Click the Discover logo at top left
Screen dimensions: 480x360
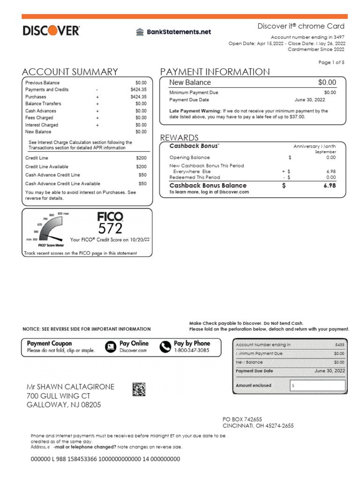51,31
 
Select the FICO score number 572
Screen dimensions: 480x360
110,228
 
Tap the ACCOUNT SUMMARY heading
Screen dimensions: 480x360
70,72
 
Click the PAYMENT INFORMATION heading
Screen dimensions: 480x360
215,72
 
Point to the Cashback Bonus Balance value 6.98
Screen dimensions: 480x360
330,186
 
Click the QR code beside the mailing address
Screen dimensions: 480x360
139,390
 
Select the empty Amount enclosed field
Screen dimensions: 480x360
317,386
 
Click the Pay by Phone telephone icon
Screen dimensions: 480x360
165,346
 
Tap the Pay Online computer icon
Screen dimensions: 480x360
111,346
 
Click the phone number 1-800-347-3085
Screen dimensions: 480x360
192,350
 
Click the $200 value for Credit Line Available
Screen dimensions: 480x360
141,167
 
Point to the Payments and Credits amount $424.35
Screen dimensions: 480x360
138,90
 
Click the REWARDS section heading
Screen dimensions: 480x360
179,137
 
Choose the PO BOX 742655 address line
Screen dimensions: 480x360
242,419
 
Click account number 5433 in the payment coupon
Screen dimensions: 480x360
339,345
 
